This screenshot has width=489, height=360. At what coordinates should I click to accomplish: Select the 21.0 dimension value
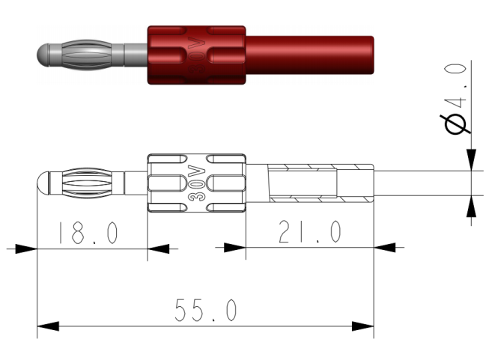[309, 233]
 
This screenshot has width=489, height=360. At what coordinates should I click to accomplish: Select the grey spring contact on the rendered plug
[88, 55]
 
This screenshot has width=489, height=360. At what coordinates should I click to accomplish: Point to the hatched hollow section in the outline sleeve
[303, 183]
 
